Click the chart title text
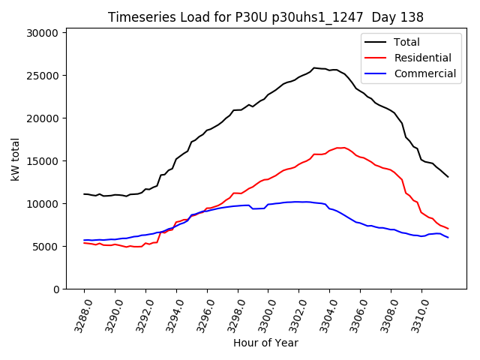click(x=265, y=17)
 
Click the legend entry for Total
click(x=407, y=42)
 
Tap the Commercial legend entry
click(x=424, y=73)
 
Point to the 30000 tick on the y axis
click(x=43, y=33)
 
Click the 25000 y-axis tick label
click(x=43, y=76)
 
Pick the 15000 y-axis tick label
click(x=43, y=161)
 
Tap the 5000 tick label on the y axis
click(x=46, y=247)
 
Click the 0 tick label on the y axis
click(x=55, y=289)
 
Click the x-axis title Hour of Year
click(x=265, y=343)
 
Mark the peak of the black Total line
click(x=314, y=67)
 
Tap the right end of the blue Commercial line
click(x=448, y=238)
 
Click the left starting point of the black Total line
click(x=84, y=193)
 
